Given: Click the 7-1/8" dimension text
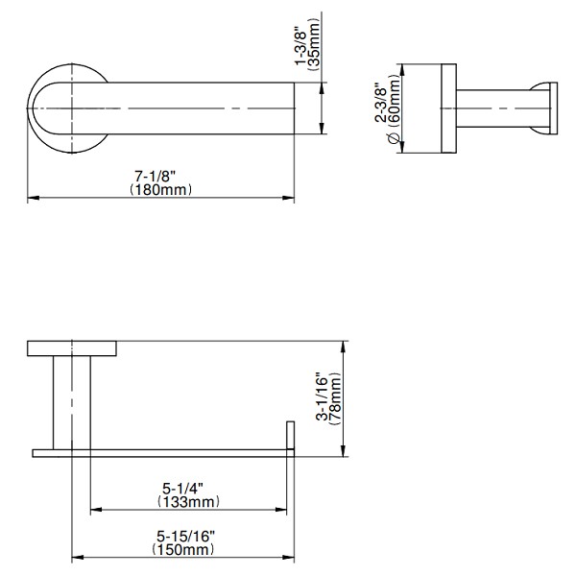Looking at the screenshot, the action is [155, 177].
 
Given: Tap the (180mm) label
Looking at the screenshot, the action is [161, 190].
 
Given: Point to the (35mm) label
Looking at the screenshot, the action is [314, 44].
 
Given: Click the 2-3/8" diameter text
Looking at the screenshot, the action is [380, 102].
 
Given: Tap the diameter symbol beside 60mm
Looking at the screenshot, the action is [394, 138].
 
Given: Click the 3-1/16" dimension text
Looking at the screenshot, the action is [323, 396].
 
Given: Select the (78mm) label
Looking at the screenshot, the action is [335, 398].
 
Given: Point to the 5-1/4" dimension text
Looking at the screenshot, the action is [182, 489].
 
